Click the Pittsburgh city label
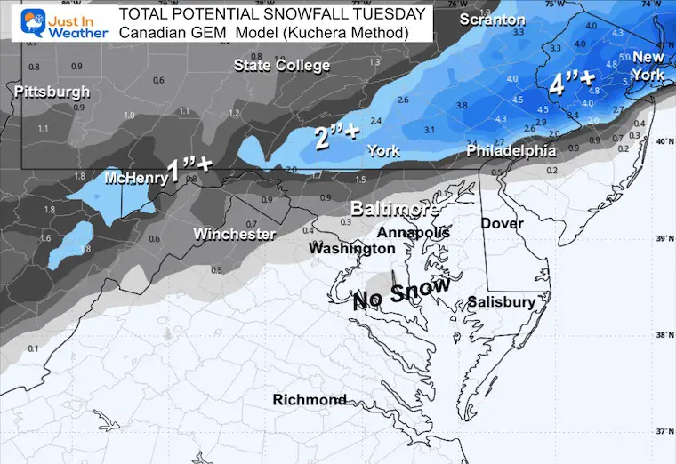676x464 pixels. click(52, 92)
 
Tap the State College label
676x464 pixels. click(282, 65)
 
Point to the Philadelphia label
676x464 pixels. click(511, 152)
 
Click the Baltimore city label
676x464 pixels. click(393, 210)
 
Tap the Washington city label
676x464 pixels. click(351, 249)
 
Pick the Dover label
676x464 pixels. click(502, 223)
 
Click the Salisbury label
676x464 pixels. click(502, 302)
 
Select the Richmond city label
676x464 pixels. click(310, 400)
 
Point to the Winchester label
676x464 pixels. click(234, 234)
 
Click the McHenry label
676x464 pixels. click(135, 178)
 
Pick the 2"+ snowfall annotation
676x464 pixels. click(337, 136)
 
